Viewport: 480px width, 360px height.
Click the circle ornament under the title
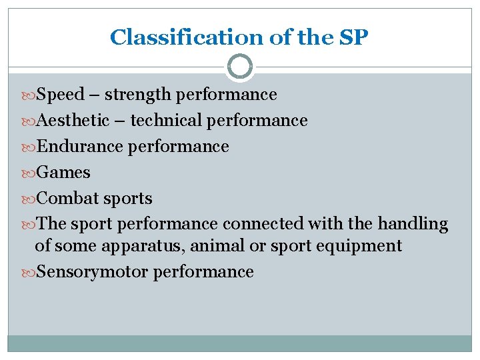coord(240,67)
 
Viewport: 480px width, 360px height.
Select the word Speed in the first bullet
coord(59,95)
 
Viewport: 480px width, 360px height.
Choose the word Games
coord(63,173)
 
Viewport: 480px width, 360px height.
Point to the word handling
coord(413,224)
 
